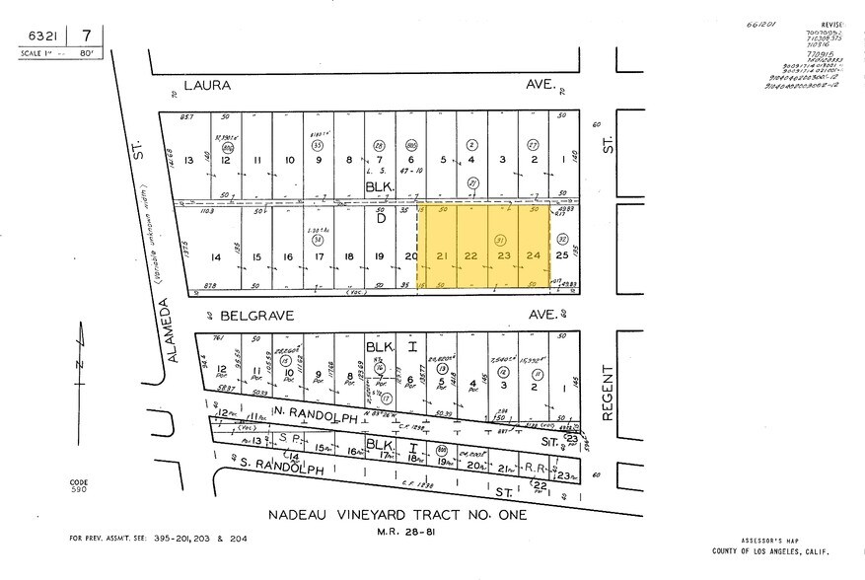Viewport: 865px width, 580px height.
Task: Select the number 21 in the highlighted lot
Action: coord(443,257)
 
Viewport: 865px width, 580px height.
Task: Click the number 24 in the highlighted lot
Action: coord(534,257)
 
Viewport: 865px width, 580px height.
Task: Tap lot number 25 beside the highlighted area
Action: coord(562,257)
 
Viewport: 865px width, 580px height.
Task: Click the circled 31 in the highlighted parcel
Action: coord(502,239)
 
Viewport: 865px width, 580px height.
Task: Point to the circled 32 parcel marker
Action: coord(563,238)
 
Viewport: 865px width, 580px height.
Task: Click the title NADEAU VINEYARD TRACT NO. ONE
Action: coord(397,516)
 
